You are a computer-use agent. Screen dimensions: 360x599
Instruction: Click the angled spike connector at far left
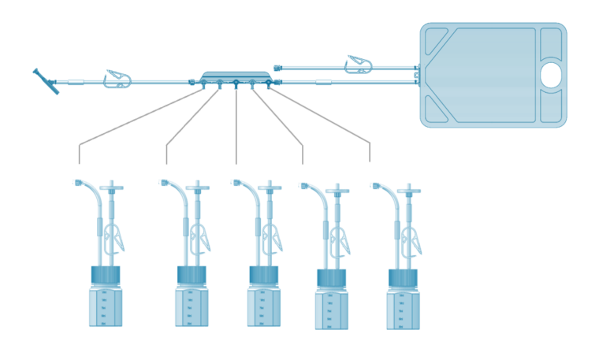click(x=46, y=82)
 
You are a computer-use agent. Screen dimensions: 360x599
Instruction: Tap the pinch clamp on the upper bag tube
click(x=359, y=65)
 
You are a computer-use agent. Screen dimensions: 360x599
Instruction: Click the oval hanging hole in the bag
click(x=551, y=75)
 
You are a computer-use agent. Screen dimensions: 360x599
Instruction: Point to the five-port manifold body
click(x=236, y=76)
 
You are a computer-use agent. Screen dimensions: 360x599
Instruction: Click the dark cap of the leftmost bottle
click(x=106, y=276)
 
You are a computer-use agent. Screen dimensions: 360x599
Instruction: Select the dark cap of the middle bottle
click(x=263, y=275)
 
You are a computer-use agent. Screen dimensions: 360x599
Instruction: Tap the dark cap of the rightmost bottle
click(x=403, y=278)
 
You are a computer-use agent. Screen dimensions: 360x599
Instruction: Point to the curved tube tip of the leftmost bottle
click(x=79, y=183)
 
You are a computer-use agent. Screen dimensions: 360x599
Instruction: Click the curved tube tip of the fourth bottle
click(x=304, y=186)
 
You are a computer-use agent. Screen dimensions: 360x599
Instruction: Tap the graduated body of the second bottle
click(x=192, y=306)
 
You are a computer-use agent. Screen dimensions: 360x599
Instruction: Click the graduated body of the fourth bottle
click(x=331, y=310)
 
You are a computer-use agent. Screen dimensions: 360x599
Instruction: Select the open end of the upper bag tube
click(x=277, y=69)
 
